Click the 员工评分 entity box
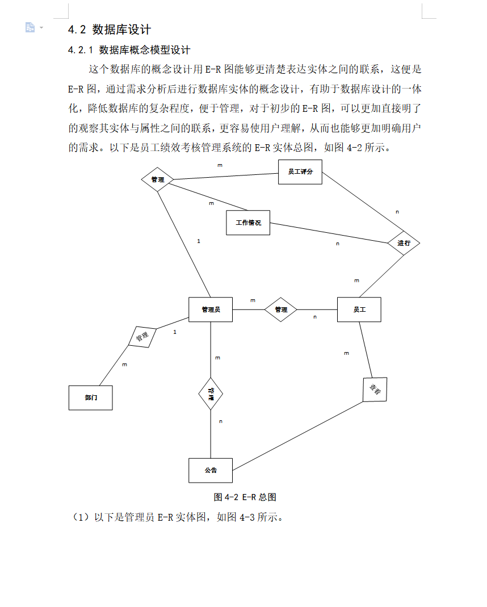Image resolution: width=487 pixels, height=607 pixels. pos(300,172)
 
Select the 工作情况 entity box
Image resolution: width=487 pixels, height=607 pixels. pos(248,223)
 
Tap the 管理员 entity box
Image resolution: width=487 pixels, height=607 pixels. pos(211,309)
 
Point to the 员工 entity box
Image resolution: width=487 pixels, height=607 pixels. pos(359,309)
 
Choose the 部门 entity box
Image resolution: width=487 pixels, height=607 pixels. pos(90,397)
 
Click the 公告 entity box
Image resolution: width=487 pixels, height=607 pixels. pos(211,470)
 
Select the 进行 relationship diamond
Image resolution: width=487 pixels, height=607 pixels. pos(404,243)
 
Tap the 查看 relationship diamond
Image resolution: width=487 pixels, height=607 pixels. pos(375,389)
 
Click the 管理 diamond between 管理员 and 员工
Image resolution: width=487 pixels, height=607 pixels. pos(281,309)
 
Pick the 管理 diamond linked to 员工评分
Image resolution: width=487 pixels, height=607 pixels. pos(157,180)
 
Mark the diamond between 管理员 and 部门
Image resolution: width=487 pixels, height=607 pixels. pos(142,336)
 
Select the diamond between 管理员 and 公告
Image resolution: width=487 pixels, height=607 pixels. pos(211,393)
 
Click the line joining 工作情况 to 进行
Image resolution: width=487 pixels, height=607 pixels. pos(329,233)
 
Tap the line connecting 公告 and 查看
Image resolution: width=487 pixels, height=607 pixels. pos(298,435)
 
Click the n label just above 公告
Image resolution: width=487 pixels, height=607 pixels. pos(221,421)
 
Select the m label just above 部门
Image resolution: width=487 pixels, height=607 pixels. pos(125,365)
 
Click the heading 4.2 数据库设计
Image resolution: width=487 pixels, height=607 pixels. pos(109,30)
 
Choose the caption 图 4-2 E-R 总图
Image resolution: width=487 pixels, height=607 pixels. pos(245,497)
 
